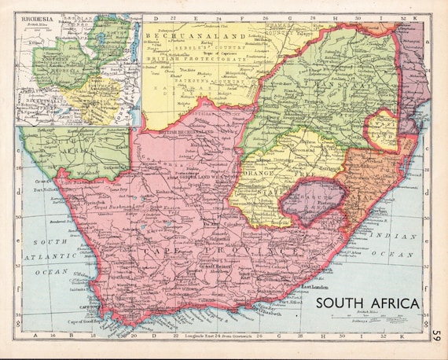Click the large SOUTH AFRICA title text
pos(367,303)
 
